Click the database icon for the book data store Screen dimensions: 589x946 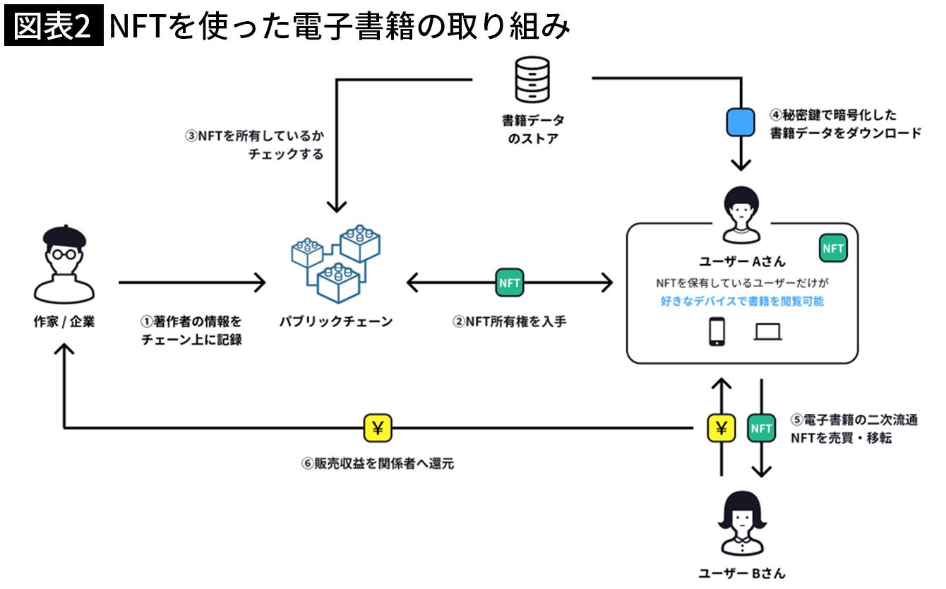pos(532,81)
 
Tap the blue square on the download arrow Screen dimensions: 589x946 pos(740,124)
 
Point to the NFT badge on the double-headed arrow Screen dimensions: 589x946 pos(510,283)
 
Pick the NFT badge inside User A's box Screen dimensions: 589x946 pos(833,249)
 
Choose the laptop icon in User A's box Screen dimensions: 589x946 pos(767,332)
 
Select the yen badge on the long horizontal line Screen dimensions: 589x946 pos(378,427)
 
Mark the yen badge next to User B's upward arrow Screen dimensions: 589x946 pos(722,428)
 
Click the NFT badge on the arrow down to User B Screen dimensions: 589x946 pos(762,428)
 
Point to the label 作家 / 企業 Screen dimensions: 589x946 pos(64,322)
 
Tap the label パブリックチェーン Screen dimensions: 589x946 pos(335,322)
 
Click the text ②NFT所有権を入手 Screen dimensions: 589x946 pos(510,322)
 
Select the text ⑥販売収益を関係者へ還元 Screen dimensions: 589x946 pos(377,464)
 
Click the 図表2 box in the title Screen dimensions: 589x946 pos(54,27)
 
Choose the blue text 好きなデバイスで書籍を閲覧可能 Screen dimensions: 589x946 pos(741,302)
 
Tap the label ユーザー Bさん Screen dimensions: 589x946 pos(741,573)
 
